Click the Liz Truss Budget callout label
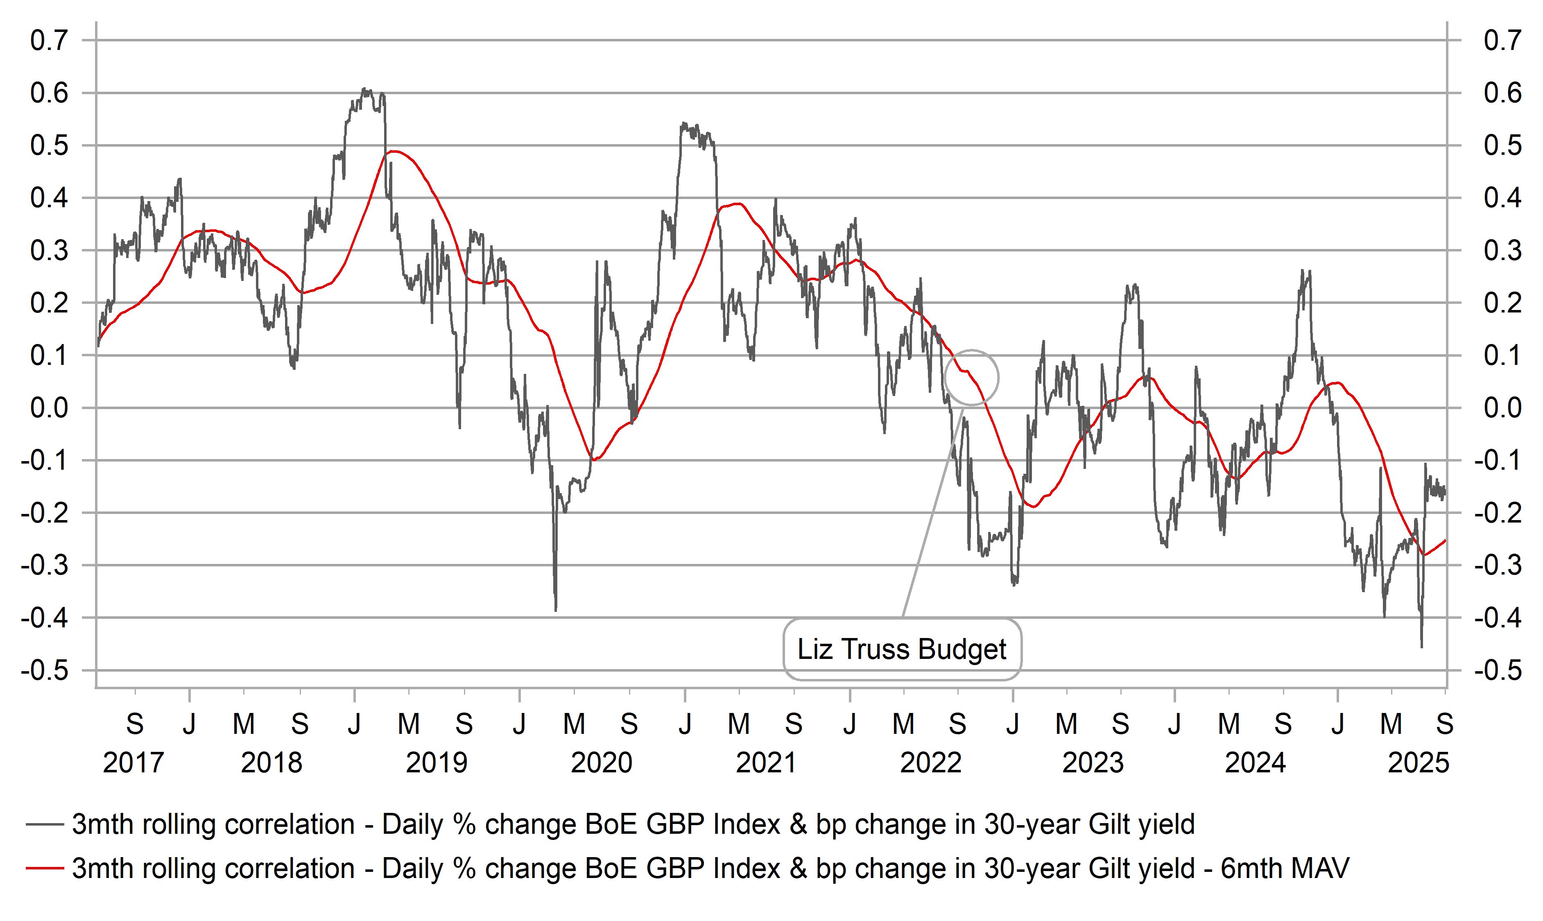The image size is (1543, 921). click(901, 649)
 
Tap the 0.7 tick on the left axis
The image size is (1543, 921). click(49, 41)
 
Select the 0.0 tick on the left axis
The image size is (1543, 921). click(49, 408)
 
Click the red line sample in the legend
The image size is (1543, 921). click(45, 868)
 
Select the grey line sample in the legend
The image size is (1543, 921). click(45, 824)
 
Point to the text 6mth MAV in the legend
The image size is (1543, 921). click(1284, 868)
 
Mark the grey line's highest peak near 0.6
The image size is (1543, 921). click(365, 89)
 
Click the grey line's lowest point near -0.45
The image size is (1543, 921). click(1421, 647)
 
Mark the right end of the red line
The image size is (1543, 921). click(1445, 541)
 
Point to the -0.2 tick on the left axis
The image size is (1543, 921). click(45, 513)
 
